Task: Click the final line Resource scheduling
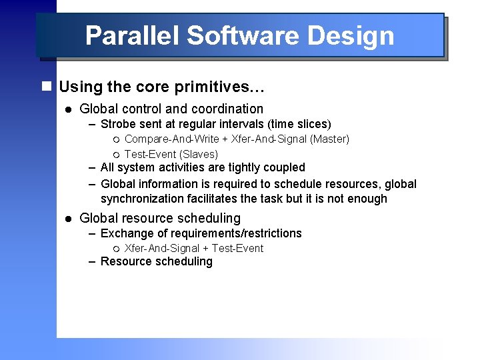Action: (156, 261)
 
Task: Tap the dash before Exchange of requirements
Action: (93, 233)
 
